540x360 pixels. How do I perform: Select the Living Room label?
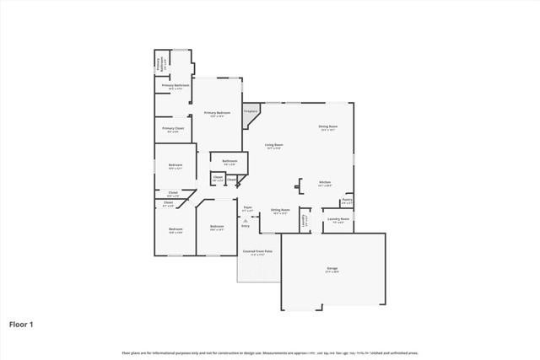click(x=273, y=145)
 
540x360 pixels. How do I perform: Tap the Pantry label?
click(x=347, y=201)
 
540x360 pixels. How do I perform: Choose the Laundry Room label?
click(x=337, y=218)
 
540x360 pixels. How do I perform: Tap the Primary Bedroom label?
click(x=217, y=113)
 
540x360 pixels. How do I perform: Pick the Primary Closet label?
click(x=172, y=128)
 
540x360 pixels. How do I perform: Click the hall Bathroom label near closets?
click(x=229, y=161)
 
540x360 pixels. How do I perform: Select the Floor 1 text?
click(x=22, y=323)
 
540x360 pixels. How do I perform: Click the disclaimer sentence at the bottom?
click(x=270, y=352)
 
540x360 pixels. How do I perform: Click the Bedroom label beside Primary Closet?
click(x=175, y=165)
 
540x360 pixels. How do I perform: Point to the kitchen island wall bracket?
click(x=297, y=187)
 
